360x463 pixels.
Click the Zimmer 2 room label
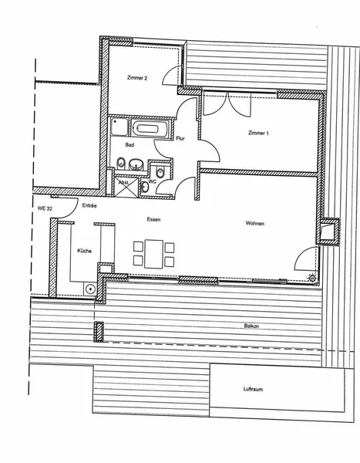(x=137, y=78)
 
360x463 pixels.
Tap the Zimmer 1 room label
(x=258, y=133)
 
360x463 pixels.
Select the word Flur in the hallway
(x=180, y=138)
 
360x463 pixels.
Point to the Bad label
(x=130, y=145)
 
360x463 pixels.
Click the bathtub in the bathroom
(x=150, y=129)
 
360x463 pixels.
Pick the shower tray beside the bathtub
(x=119, y=127)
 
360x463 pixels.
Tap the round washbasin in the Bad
(x=136, y=164)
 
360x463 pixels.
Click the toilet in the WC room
(x=160, y=172)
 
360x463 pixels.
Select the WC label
(x=153, y=181)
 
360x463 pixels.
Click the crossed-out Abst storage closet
(x=126, y=187)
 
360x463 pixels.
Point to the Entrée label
(x=89, y=205)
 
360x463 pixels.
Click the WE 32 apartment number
(x=45, y=208)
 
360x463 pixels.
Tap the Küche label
(x=84, y=251)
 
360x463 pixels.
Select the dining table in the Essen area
(x=153, y=254)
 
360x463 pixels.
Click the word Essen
(x=153, y=219)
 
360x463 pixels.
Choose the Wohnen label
(x=255, y=223)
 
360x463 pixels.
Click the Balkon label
(x=252, y=326)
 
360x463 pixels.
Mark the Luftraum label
(x=253, y=389)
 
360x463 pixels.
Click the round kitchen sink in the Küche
(x=90, y=289)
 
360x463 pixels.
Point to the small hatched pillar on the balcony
(x=99, y=332)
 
